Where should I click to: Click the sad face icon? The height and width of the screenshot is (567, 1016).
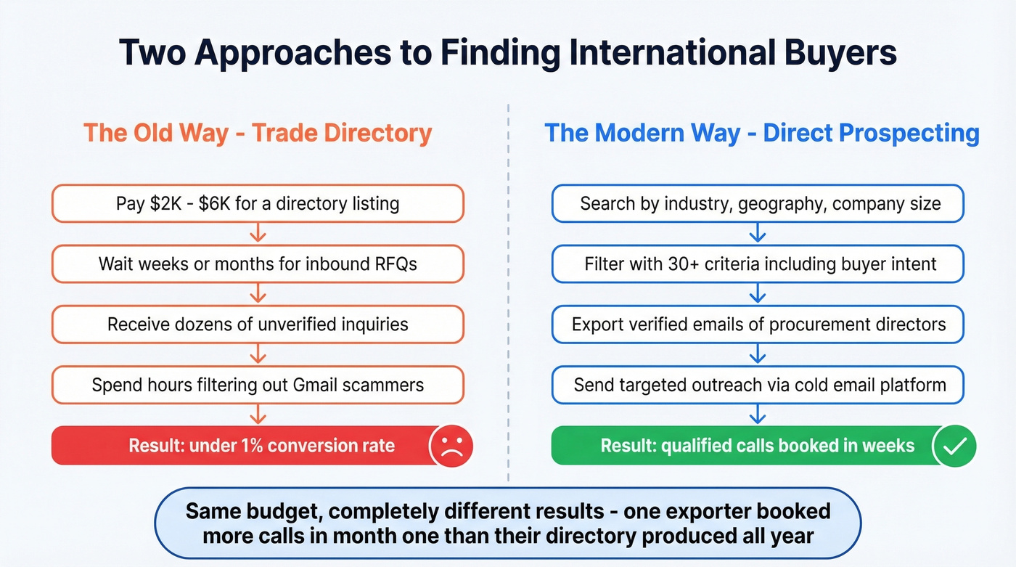click(451, 445)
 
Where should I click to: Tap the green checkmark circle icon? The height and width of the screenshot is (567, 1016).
click(954, 445)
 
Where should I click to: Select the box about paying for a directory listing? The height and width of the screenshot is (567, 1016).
click(258, 203)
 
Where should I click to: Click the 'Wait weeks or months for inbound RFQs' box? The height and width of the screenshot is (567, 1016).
click(258, 264)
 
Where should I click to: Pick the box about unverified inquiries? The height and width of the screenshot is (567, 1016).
click(258, 324)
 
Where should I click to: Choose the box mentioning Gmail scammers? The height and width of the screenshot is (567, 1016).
click(258, 384)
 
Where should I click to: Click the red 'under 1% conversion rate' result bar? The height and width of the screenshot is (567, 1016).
click(239, 445)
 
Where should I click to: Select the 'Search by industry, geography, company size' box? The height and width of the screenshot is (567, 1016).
click(758, 203)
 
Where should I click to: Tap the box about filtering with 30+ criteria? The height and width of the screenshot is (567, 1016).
click(758, 264)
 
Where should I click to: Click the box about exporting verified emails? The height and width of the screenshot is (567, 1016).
click(758, 324)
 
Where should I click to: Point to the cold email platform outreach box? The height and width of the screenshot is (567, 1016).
click(758, 384)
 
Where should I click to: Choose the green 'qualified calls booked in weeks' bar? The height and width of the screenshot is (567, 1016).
click(740, 445)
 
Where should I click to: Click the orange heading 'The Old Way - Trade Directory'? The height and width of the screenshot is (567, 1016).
click(258, 133)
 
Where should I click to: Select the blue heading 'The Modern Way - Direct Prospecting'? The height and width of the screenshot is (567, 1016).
click(761, 133)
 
